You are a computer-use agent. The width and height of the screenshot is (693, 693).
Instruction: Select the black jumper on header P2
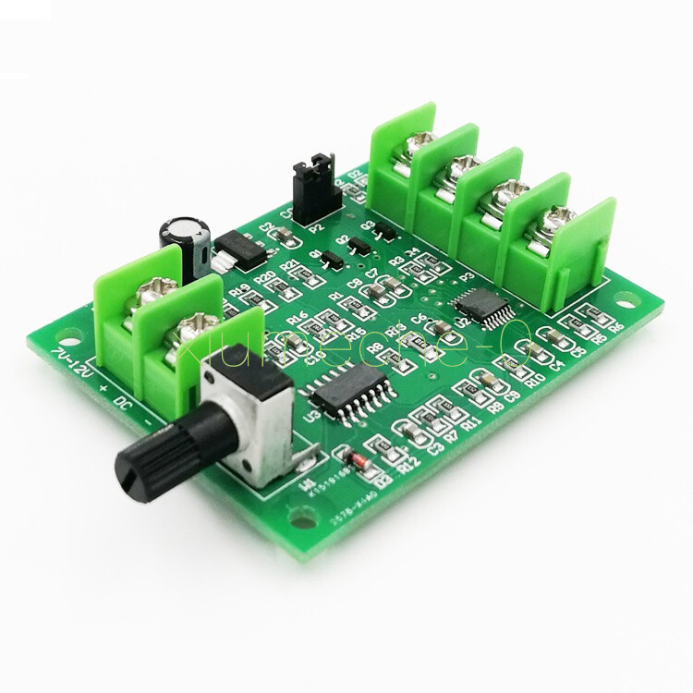point(311,189)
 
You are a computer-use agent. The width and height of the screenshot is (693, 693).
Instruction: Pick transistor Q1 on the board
point(330,261)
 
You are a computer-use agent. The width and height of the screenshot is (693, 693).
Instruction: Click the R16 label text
point(297,319)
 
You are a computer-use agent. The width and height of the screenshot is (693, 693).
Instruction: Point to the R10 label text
point(533,381)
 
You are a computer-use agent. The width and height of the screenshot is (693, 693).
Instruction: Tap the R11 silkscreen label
point(472,421)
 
